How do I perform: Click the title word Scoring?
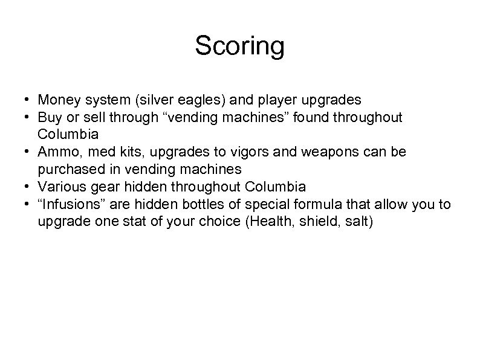pos(239,46)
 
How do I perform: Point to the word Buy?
pos(48,117)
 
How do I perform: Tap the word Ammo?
pos(56,152)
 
